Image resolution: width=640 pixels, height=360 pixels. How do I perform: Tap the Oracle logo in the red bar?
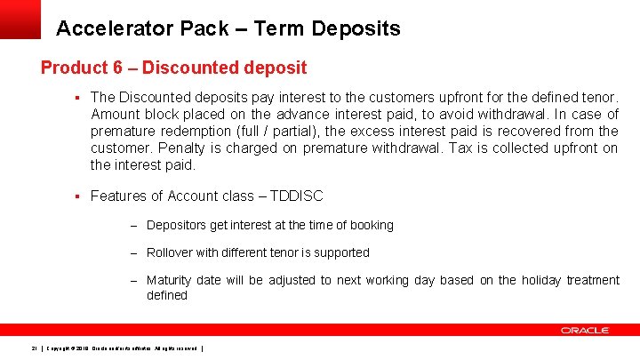click(x=584, y=330)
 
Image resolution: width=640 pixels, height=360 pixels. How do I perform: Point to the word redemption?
click(x=192, y=131)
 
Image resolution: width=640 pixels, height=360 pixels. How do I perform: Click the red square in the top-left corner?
click(x=20, y=19)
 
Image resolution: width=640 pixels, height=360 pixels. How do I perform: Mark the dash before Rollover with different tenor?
click(x=133, y=253)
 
